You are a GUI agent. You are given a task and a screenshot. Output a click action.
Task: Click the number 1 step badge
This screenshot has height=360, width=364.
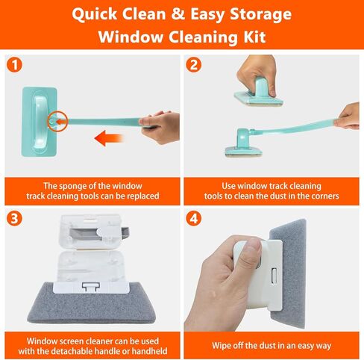point(16,65)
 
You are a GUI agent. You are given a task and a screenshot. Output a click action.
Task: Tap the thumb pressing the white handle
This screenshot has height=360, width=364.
point(249,253)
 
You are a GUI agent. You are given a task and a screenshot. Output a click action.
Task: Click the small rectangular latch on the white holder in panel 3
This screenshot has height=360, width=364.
point(91,285)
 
